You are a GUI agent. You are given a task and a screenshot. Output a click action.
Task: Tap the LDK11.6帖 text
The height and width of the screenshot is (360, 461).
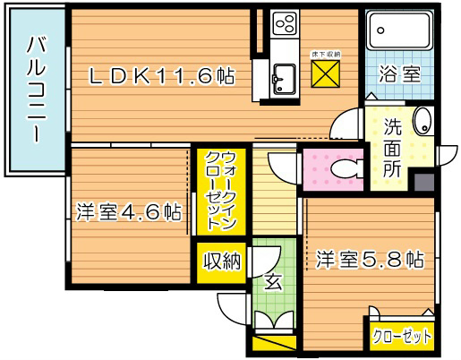click(161, 78)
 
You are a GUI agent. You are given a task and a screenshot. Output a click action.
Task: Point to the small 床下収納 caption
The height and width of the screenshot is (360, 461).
click(326, 55)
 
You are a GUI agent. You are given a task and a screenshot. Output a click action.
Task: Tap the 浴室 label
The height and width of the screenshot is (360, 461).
click(399, 75)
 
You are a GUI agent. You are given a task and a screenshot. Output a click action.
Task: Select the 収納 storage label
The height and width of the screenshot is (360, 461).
click(220, 261)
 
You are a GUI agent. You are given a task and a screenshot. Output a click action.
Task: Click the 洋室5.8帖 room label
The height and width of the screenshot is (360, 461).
click(368, 261)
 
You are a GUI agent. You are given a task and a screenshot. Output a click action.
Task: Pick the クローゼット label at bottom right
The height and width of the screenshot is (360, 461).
click(402, 337)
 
